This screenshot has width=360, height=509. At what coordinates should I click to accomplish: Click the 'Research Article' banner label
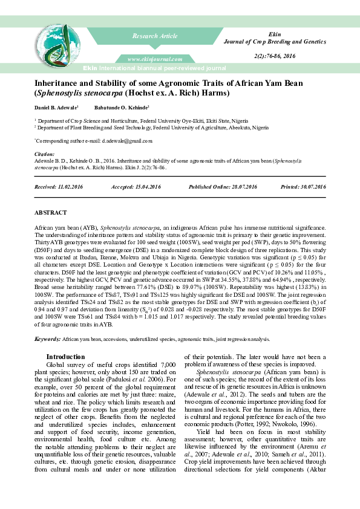click(x=155, y=37)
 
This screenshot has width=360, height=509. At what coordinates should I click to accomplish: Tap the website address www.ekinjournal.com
click(x=155, y=59)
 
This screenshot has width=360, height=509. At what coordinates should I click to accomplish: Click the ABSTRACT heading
click(x=50, y=213)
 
